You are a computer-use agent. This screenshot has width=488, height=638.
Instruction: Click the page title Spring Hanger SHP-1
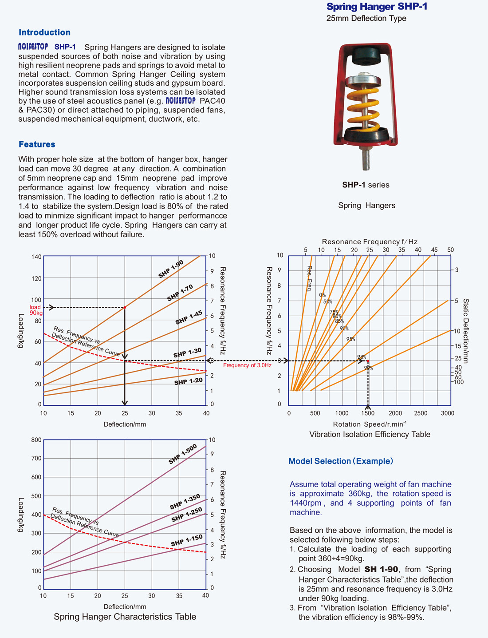377,7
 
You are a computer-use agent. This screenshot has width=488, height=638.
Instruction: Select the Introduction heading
44,32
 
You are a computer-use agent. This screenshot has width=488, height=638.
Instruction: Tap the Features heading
37,144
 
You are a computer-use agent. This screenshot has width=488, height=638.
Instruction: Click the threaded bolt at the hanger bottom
366,160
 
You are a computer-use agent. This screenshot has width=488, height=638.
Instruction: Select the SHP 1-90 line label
171,270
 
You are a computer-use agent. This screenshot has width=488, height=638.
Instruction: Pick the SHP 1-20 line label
188,381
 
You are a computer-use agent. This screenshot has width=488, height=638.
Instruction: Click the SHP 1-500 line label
182,454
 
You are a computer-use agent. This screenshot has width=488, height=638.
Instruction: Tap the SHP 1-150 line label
186,540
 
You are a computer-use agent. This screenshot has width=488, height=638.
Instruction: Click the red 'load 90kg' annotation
35,310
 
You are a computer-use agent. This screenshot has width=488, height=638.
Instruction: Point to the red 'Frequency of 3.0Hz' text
247,365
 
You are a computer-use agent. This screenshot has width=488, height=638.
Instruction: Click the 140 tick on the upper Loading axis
36,257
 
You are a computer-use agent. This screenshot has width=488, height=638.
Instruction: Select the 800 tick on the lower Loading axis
36,440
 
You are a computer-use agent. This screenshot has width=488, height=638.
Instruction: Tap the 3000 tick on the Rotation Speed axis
448,413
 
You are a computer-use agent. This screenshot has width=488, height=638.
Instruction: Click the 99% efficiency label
368,368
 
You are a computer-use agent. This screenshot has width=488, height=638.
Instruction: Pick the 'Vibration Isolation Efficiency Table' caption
370,434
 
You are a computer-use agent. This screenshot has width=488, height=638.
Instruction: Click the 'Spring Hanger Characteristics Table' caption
125,617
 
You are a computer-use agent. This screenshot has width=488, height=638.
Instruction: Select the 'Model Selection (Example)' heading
341,461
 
